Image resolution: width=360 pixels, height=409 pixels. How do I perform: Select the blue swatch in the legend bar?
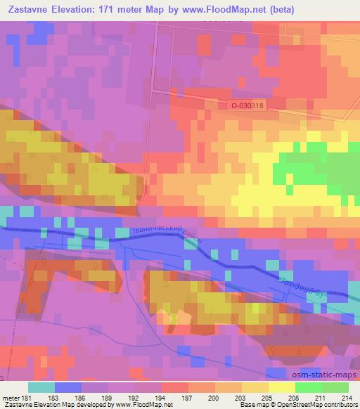(67, 387)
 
